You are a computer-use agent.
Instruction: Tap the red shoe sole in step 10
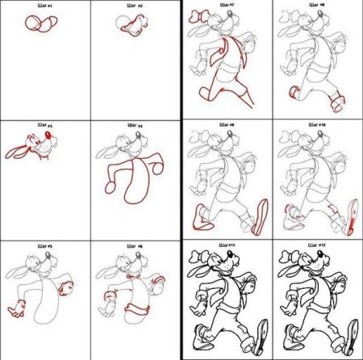[x=352, y=216]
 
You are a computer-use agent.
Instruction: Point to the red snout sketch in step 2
[x=129, y=25]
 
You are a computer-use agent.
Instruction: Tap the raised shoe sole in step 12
[x=353, y=335]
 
